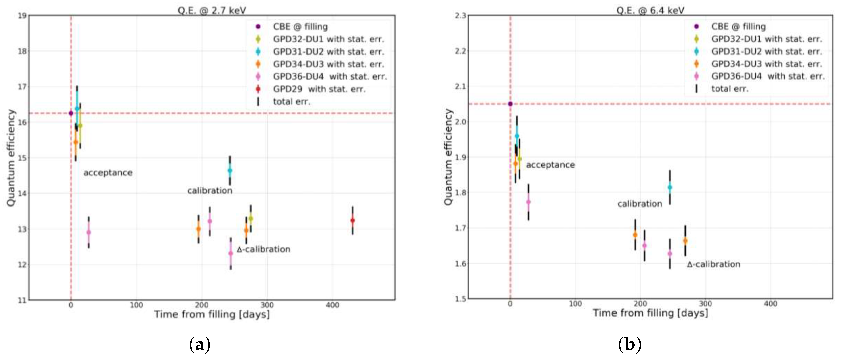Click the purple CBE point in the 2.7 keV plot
(71, 113)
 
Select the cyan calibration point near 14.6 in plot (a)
(230, 170)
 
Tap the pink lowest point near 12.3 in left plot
(231, 253)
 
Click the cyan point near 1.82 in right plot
(670, 187)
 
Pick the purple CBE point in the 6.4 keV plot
(510, 104)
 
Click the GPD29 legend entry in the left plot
(319, 89)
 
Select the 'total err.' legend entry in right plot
(730, 89)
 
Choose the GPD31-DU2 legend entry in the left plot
(328, 52)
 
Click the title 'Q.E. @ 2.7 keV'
(212, 10)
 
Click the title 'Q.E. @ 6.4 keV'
(650, 10)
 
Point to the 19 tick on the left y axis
(22, 16)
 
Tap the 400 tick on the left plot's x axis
(332, 305)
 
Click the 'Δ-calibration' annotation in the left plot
(263, 249)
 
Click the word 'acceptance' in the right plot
(550, 165)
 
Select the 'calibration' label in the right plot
(640, 204)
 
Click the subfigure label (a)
(200, 344)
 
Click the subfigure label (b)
(629, 344)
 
